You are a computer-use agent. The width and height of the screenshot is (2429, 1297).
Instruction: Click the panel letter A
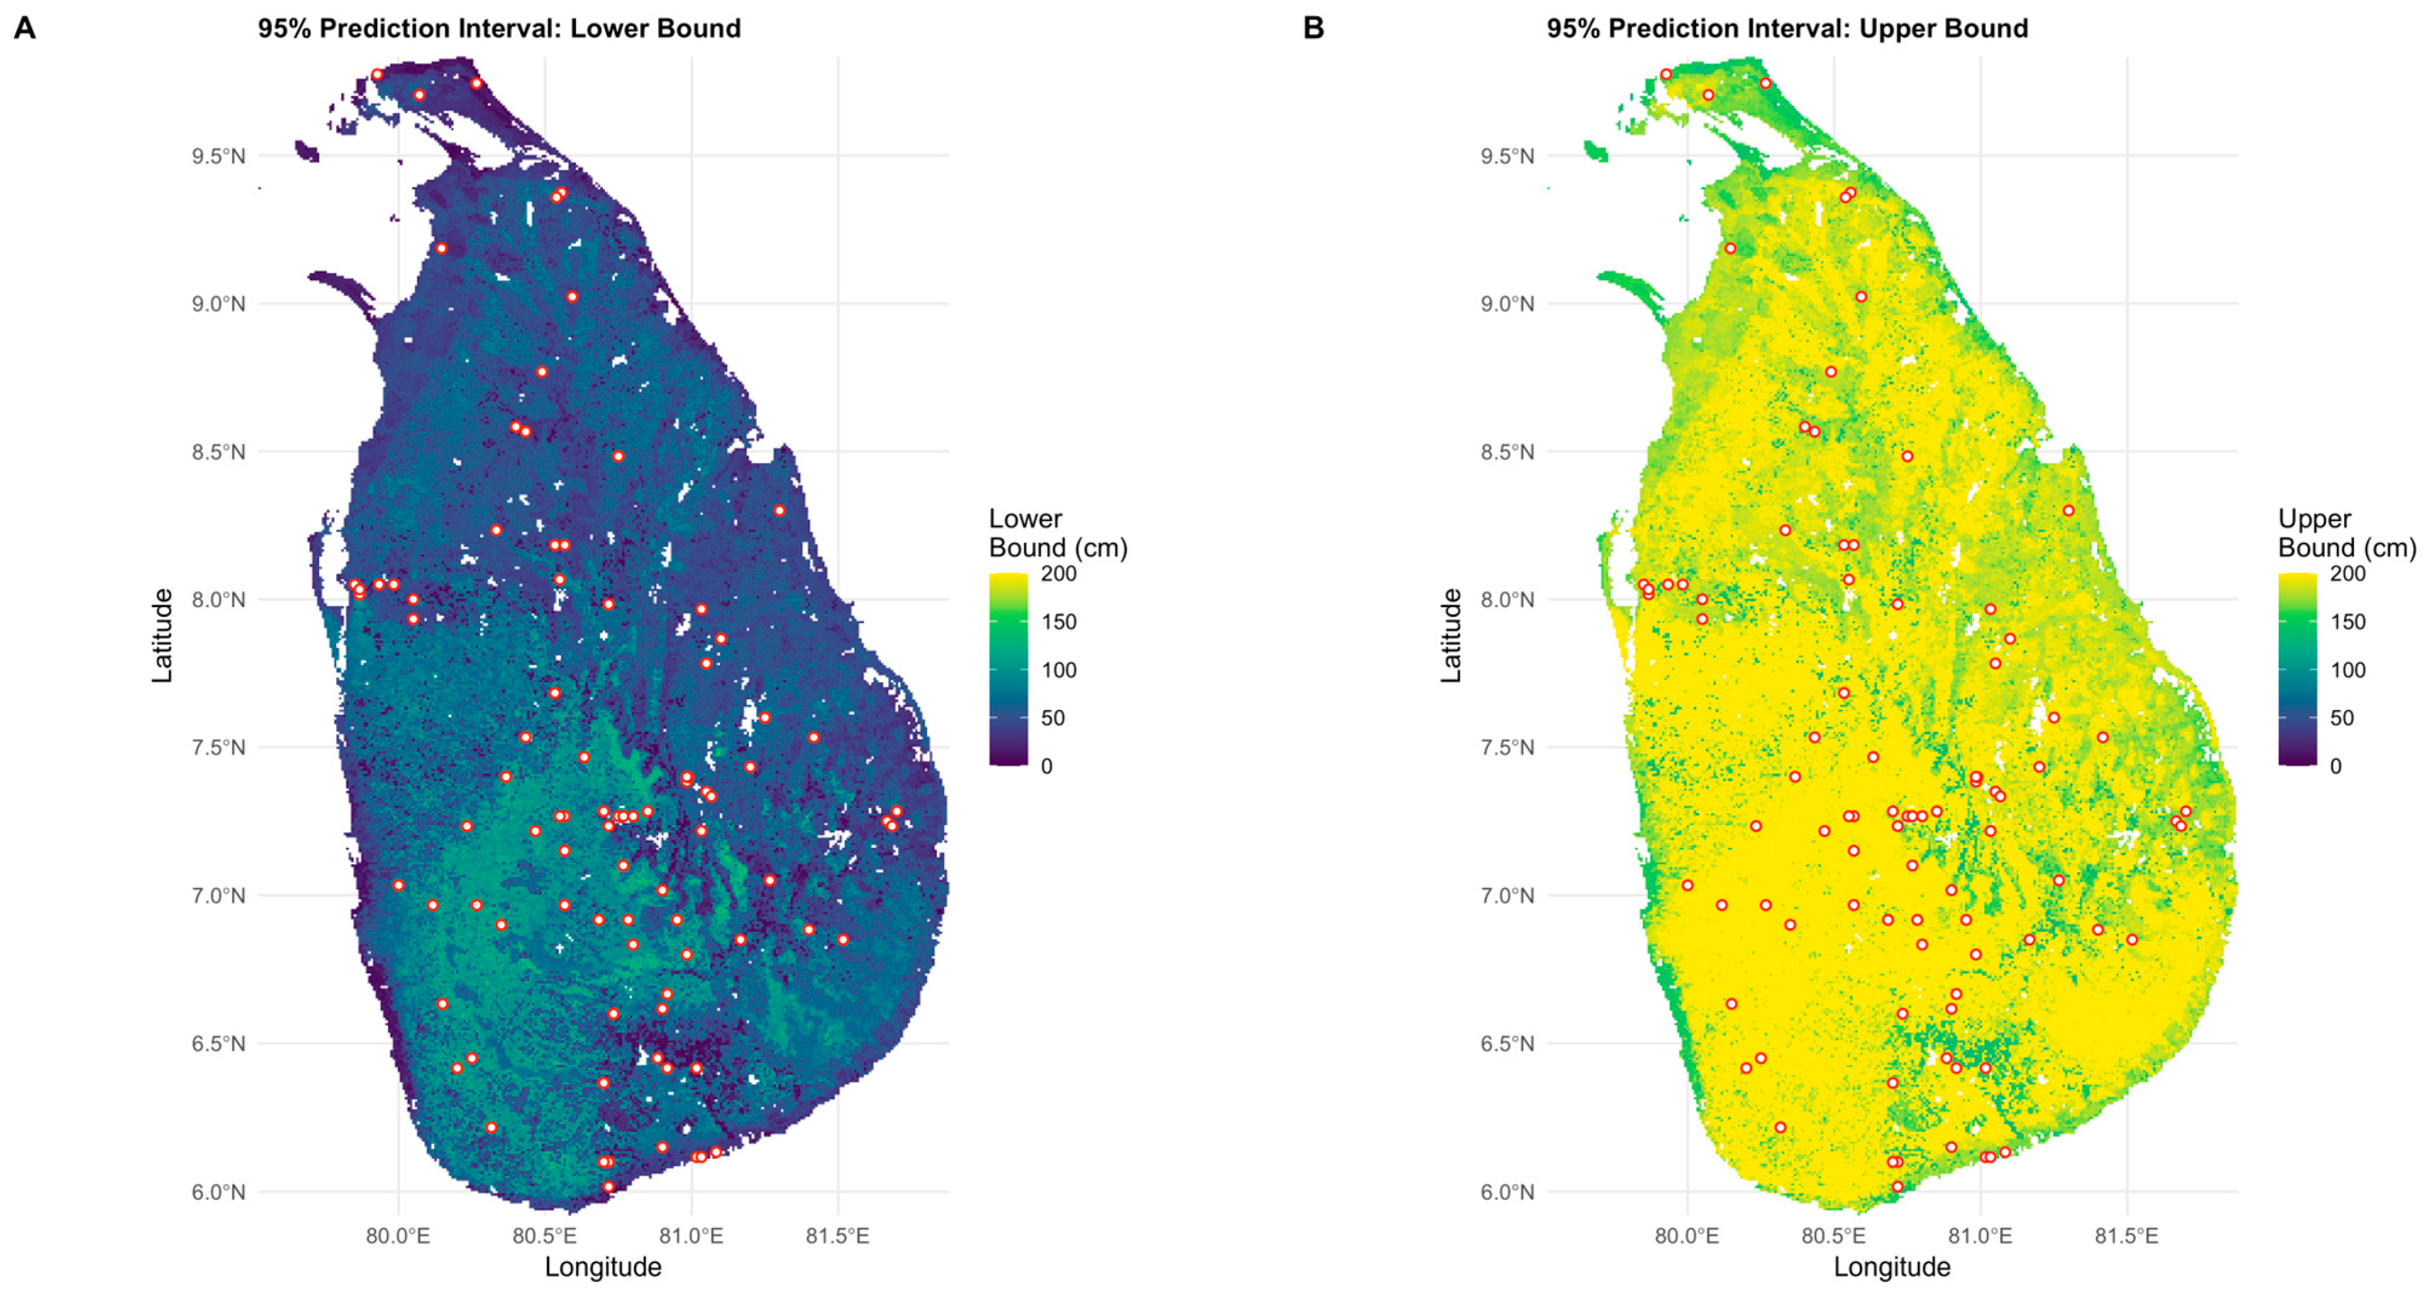point(24,28)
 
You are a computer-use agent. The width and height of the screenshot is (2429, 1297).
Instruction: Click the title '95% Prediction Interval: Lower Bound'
point(499,28)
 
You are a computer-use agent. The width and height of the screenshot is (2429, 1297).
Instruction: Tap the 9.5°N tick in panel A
point(218,156)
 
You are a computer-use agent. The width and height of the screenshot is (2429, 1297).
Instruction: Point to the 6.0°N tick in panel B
point(1507,1192)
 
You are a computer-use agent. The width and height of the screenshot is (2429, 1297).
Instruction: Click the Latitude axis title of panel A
point(162,635)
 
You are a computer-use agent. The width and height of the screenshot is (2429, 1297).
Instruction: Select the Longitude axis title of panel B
point(1891,1267)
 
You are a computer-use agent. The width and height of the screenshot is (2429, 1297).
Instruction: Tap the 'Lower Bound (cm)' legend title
point(1057,533)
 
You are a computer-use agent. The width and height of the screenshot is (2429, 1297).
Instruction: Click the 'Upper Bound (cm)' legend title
point(2346,533)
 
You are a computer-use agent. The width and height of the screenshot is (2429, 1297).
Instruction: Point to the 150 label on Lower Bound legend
point(1058,622)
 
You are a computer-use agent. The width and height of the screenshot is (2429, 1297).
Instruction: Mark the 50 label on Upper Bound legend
point(2341,718)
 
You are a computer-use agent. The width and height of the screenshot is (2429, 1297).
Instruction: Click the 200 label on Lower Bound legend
point(1058,574)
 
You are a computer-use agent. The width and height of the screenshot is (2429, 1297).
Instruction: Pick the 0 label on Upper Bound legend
point(2335,766)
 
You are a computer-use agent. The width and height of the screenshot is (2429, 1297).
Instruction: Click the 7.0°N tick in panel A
point(218,895)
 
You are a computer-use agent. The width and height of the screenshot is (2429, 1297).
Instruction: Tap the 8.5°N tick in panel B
point(1507,452)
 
